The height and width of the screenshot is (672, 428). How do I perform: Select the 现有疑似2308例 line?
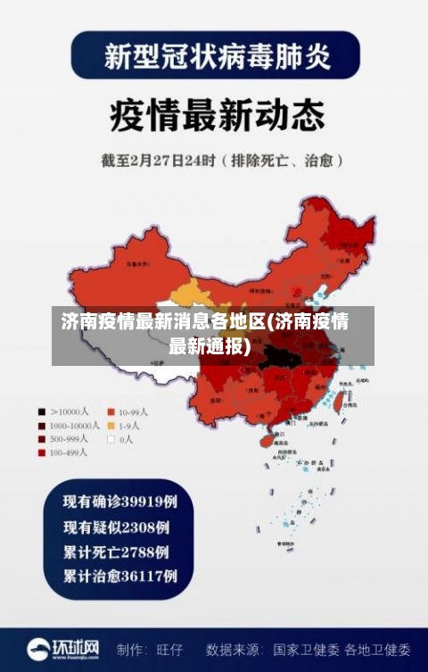[x=115, y=527]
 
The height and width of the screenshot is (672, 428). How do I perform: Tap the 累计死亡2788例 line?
[x=115, y=551]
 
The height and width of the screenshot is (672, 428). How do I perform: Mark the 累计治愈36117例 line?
[x=119, y=576]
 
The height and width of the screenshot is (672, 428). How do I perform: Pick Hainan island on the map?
[x=265, y=438]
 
